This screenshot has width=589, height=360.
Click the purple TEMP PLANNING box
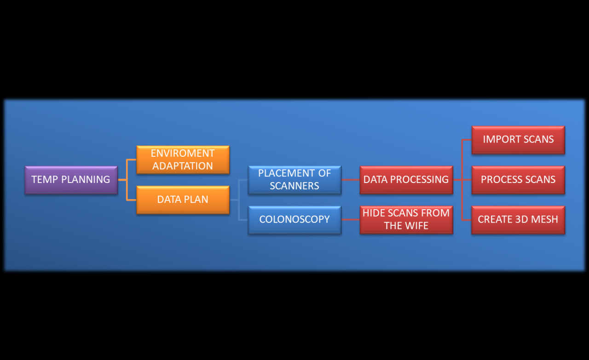click(71, 180)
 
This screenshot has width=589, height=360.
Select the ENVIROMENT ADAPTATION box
click(183, 160)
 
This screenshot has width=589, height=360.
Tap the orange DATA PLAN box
click(183, 200)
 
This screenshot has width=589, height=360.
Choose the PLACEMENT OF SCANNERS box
click(294, 180)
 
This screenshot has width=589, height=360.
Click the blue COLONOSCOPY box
click(294, 220)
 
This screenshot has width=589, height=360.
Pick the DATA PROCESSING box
click(406, 180)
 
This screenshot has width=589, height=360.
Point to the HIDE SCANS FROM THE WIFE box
click(406, 220)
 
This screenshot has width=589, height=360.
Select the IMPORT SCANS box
click(518, 140)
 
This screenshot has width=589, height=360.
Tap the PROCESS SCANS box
click(518, 180)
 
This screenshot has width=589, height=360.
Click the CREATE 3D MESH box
click(518, 220)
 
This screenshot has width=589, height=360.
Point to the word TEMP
click(44, 180)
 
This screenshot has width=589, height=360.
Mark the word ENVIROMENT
click(183, 153)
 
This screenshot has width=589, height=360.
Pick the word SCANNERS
click(294, 186)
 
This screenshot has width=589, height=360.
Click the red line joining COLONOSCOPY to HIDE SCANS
click(351, 220)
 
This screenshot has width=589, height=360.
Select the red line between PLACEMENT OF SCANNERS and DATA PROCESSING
click(351, 180)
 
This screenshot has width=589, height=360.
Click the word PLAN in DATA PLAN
click(196, 200)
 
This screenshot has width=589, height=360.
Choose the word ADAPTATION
click(183, 166)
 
